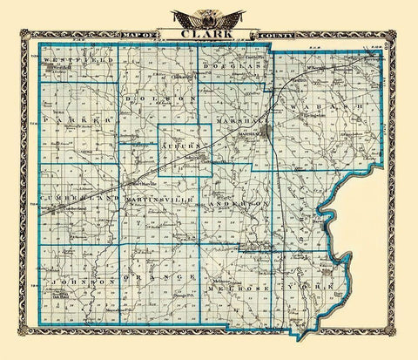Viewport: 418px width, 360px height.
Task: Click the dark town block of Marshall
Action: [265, 133]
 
